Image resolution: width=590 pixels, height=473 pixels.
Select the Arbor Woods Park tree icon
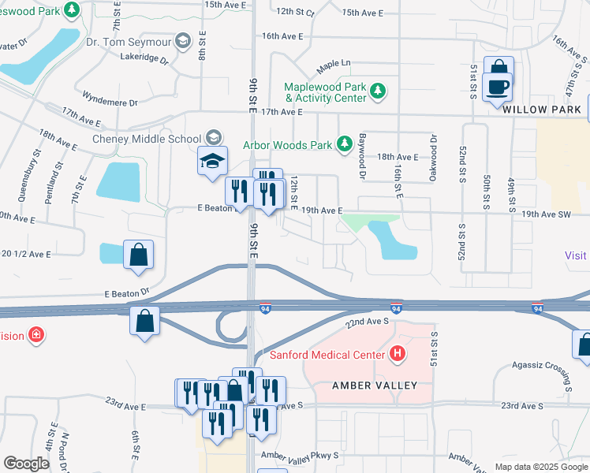pyautogui.click(x=344, y=143)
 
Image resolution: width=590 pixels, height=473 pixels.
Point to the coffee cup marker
pyautogui.click(x=498, y=86)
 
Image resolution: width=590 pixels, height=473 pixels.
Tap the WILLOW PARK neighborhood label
pyautogui.click(x=542, y=109)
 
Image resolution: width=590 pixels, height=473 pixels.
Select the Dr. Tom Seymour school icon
pyautogui.click(x=183, y=41)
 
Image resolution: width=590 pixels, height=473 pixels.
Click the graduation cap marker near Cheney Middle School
pyautogui.click(x=212, y=161)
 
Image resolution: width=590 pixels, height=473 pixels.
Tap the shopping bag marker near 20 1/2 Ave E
pyautogui.click(x=138, y=255)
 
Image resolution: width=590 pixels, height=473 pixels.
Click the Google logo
pyautogui.click(x=26, y=463)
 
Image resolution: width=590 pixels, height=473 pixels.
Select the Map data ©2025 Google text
pyautogui.click(x=541, y=467)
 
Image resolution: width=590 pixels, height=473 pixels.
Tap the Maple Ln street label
pyautogui.click(x=333, y=63)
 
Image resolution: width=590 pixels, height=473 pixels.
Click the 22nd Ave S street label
pyautogui.click(x=367, y=321)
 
